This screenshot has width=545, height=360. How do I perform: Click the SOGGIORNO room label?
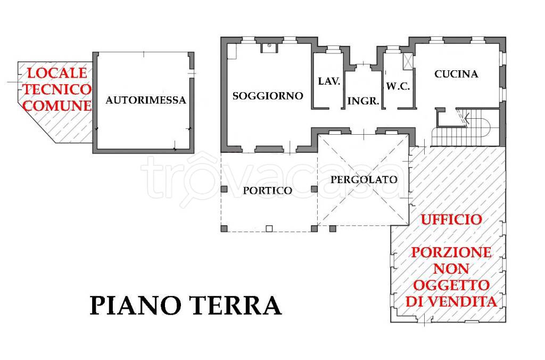point(268,96)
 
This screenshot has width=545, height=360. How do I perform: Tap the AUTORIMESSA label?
point(145,100)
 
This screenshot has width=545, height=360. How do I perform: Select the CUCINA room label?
point(456,74)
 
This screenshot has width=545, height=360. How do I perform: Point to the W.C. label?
point(398,86)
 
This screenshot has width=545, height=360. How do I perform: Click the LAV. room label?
point(329,81)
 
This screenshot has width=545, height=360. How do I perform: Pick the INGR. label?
point(363,101)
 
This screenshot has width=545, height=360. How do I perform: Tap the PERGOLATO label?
point(364,179)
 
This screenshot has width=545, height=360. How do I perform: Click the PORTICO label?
point(267,190)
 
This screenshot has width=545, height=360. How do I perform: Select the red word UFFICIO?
point(452,219)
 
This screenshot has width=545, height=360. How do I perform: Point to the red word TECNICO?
point(56,89)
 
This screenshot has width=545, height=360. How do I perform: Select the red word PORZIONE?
point(451,252)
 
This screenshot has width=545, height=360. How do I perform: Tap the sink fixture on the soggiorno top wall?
point(270,47)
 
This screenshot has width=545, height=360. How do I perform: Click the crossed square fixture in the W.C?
point(408,60)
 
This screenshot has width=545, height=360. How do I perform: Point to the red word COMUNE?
point(58,105)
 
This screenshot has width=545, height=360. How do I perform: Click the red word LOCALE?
point(56,72)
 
